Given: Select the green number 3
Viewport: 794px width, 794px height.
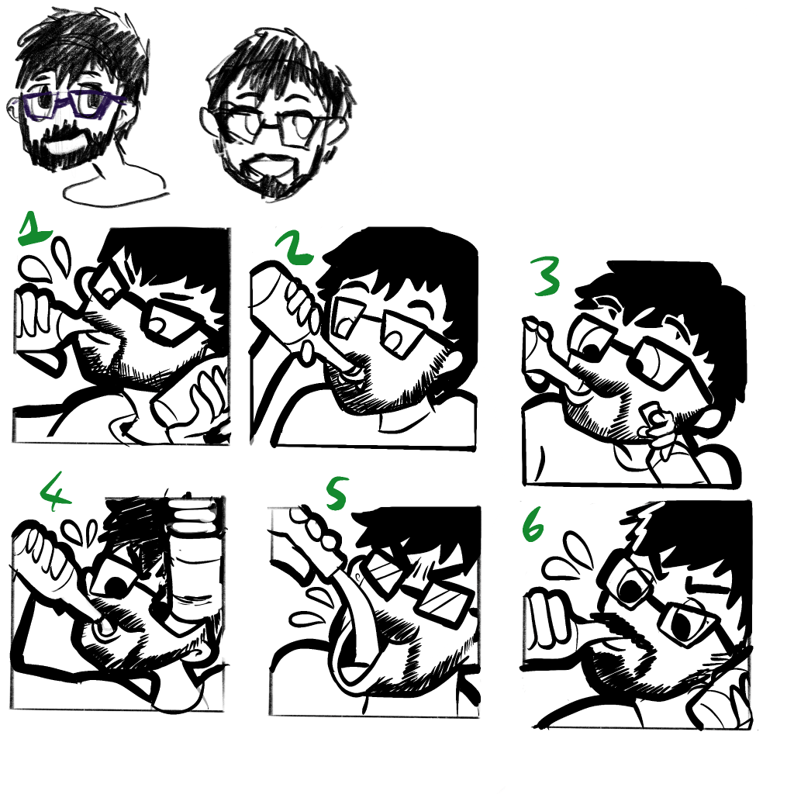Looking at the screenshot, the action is (x=545, y=276).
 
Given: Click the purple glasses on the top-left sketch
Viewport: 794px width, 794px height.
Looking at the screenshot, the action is (x=71, y=105).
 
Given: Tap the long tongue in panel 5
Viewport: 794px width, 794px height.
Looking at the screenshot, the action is (x=355, y=628).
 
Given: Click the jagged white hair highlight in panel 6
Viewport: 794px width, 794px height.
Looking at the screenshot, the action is (x=640, y=522).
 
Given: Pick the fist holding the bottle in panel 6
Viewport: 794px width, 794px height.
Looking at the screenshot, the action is (x=551, y=621).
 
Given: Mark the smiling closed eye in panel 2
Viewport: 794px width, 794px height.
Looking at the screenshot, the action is (x=421, y=306).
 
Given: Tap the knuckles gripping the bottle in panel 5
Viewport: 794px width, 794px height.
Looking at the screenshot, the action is (x=316, y=529).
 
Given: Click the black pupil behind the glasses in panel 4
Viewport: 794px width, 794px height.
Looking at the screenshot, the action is (x=117, y=586).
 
